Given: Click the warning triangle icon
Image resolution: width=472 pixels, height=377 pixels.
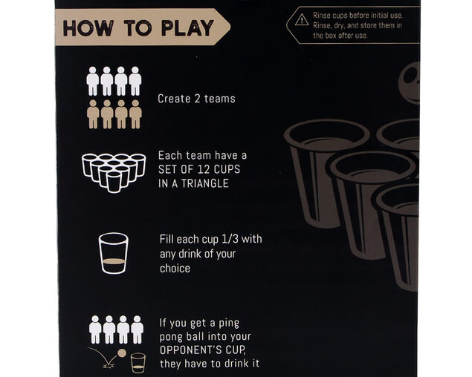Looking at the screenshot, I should [x=301, y=19].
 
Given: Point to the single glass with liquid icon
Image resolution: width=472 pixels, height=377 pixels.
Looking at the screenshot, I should [x=114, y=253].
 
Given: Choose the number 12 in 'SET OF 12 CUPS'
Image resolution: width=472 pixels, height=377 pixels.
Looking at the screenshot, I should [x=213, y=169].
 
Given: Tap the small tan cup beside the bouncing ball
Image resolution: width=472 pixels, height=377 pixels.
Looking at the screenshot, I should [x=138, y=361].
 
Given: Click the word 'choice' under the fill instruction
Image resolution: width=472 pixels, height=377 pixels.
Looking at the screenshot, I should [x=175, y=268].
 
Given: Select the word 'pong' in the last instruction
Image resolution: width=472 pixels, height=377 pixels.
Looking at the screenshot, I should [x=175, y=336].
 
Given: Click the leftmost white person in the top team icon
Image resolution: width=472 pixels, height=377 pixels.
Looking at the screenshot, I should [x=93, y=80].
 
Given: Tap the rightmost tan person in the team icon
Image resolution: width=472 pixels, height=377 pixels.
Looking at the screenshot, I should [x=135, y=114].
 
